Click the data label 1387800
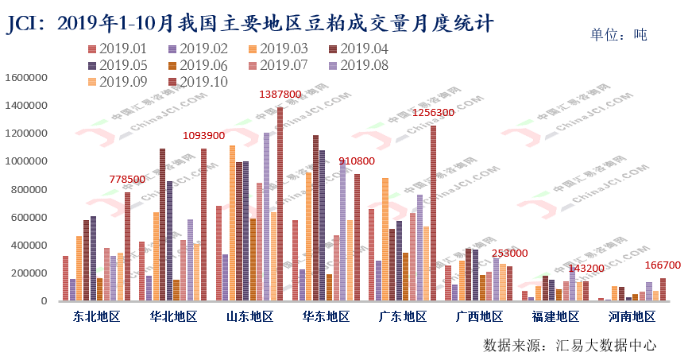pos(280,95)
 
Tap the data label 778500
pos(128,180)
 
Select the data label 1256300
pos(433,113)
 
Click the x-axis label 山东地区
pos(249,317)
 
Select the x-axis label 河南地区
pos(632,317)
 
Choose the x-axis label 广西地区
pos(479,317)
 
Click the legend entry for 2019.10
pos(199,81)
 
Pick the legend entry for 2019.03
pos(278,49)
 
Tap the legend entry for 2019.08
pos(358,65)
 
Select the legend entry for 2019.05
pos(119,65)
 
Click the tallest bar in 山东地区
pos(280,204)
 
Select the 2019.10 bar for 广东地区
pos(433,213)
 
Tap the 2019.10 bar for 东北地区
pos(127,246)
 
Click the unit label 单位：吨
pos(619,35)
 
